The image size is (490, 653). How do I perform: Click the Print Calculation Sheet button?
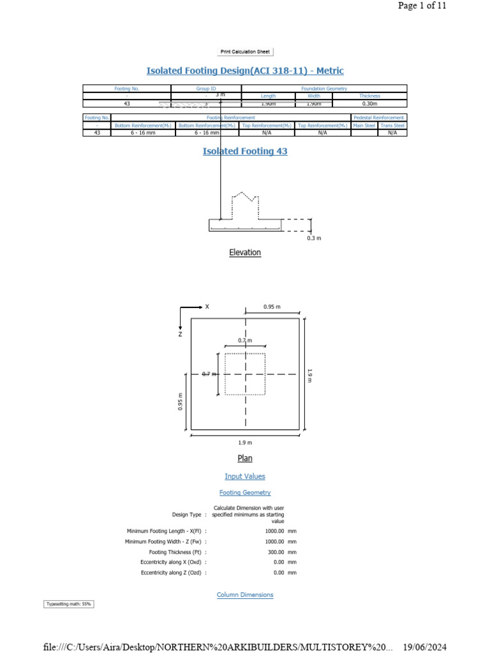[x=245, y=52]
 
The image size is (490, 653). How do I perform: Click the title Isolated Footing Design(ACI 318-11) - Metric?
[x=245, y=71]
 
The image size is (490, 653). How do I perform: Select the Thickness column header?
[x=369, y=96]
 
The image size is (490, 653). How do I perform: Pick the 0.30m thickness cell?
[x=369, y=103]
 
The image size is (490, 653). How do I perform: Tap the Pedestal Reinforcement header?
[x=379, y=118]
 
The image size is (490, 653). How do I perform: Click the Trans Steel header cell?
[x=392, y=126]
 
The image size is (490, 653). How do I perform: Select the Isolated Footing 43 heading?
[x=245, y=151]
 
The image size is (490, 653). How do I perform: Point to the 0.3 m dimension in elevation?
[x=314, y=238]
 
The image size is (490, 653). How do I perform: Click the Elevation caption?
[x=245, y=253]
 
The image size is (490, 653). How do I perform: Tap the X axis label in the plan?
[x=207, y=307]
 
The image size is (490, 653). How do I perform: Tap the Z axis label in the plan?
[x=181, y=334]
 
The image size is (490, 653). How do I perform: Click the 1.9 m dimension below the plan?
[x=245, y=443]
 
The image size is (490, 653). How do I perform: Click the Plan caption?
[x=245, y=458]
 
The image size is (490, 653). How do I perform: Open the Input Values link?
[x=245, y=476]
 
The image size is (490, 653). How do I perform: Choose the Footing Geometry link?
[x=245, y=492]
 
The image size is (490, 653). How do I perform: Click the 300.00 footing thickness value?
[x=276, y=552]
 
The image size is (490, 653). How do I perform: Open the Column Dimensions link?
[x=245, y=594]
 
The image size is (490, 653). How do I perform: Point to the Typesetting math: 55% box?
[x=68, y=604]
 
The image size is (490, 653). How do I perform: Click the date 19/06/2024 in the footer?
[x=426, y=647]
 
